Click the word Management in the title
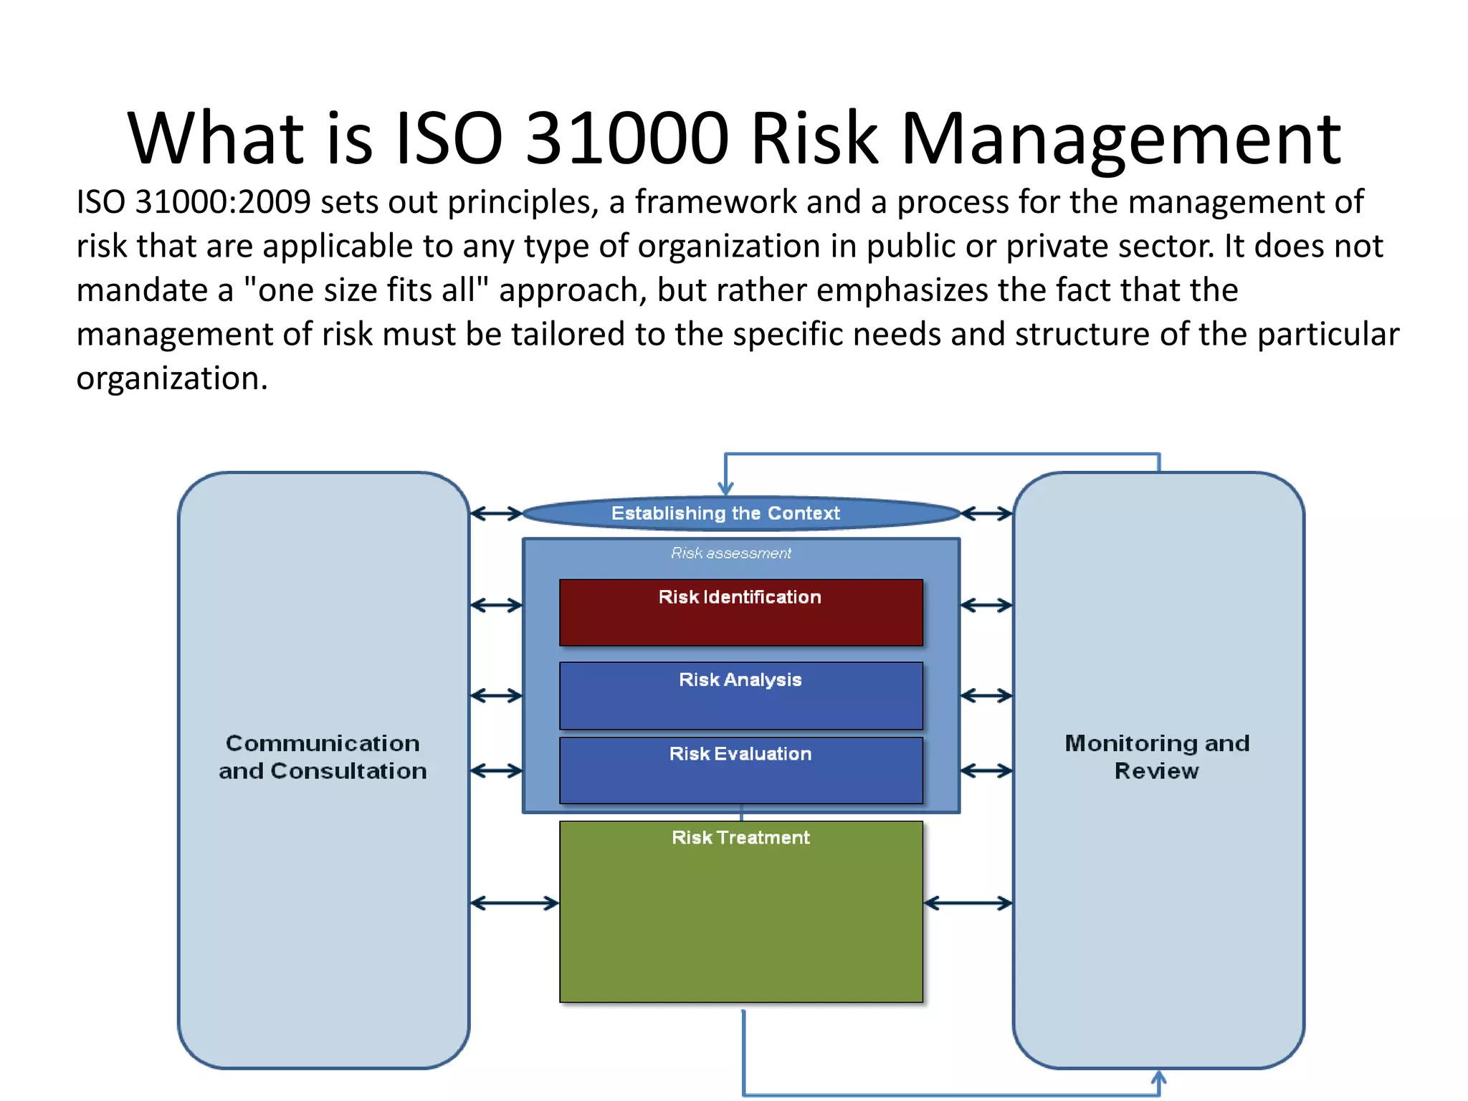pos(1120,140)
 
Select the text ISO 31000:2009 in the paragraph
pos(193,202)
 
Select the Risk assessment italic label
pos(730,553)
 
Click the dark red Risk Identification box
pos(740,613)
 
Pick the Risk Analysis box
pos(740,695)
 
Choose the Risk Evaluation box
pos(740,771)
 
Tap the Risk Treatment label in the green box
pos(740,837)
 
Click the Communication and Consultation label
pos(323,757)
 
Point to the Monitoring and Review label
pos(1157,757)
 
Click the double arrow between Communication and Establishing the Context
pos(496,513)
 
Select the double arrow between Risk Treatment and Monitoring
pos(968,903)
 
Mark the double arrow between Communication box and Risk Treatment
pos(514,903)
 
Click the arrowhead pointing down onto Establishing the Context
pos(725,488)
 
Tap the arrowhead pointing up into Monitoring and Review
pos(1159,1077)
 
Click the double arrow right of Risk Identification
pos(986,606)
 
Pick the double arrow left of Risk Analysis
pos(496,695)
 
